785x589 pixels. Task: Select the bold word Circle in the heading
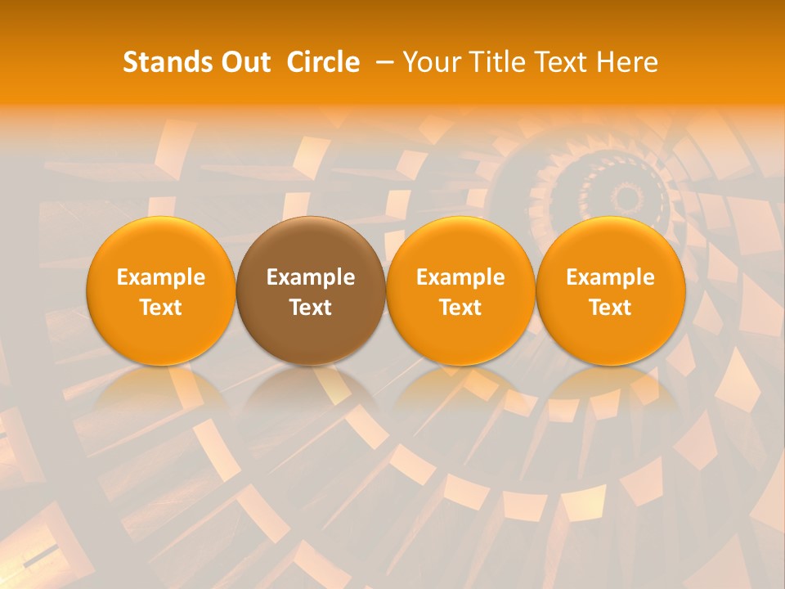[x=323, y=62]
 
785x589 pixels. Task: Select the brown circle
[x=311, y=290]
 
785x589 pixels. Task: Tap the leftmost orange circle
[x=160, y=290]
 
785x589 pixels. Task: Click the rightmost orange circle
[x=610, y=290]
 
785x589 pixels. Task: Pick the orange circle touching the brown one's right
[x=460, y=290]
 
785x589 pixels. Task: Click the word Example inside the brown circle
[x=311, y=277]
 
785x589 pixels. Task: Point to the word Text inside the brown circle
[x=311, y=308]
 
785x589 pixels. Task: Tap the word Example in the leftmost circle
[x=160, y=277]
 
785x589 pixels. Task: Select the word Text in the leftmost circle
[x=160, y=308]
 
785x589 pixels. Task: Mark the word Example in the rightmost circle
[x=610, y=277]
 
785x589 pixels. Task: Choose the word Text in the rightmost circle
[x=610, y=308]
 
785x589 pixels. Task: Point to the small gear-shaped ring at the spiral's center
[x=628, y=197]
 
